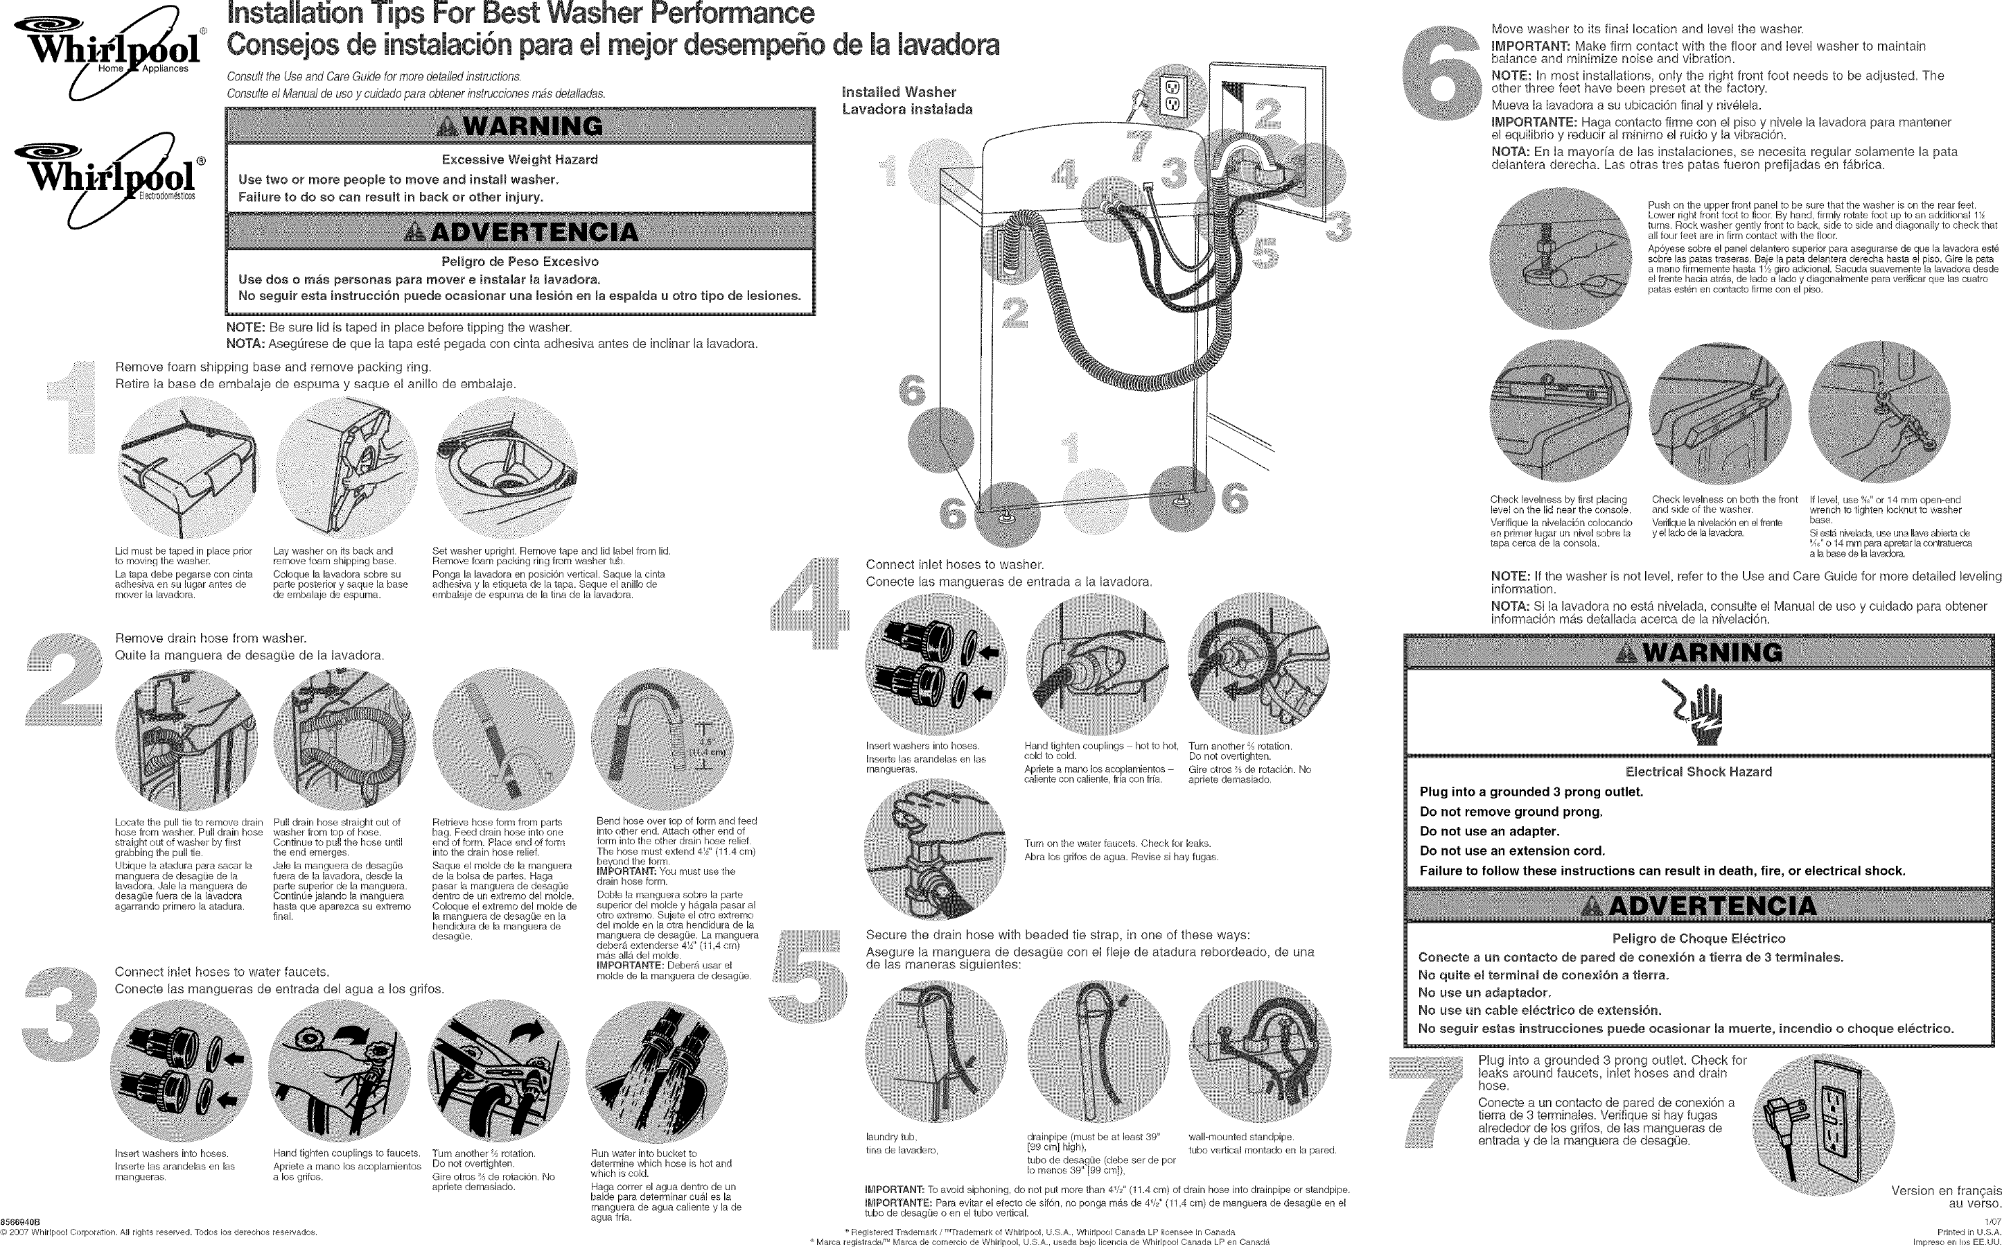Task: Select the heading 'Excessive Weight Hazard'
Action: [520, 159]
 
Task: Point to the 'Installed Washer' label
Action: [898, 92]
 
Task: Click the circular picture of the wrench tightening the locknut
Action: [1879, 412]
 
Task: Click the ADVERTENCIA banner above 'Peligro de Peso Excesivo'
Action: [520, 232]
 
